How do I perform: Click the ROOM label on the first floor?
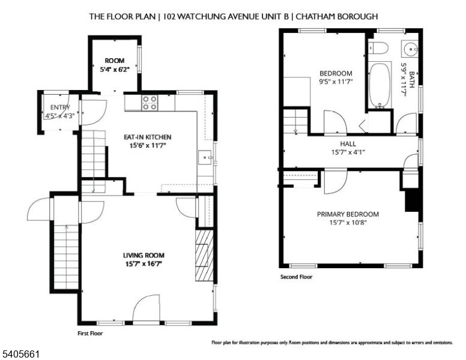tap(114, 61)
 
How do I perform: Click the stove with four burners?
tap(150, 103)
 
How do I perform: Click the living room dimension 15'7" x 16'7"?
tap(144, 263)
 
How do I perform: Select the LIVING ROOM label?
tap(144, 254)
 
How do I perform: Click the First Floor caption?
tap(90, 332)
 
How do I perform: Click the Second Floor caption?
tap(296, 277)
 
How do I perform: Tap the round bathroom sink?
tap(410, 48)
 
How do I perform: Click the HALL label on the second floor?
tap(348, 144)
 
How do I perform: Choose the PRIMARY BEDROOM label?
tap(348, 214)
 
